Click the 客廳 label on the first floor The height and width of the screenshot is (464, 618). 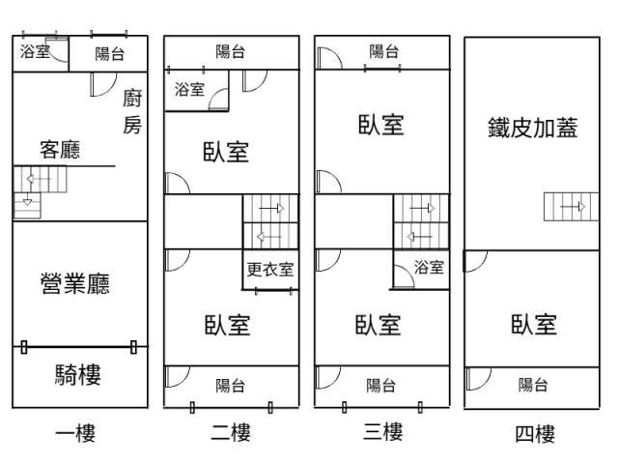pyautogui.click(x=60, y=149)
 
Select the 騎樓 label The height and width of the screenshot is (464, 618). pyautogui.click(x=78, y=374)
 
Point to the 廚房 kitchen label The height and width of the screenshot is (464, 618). pyautogui.click(x=133, y=111)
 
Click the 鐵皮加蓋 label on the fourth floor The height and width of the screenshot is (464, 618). pyautogui.click(x=533, y=128)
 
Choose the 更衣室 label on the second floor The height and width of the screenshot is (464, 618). pyautogui.click(x=270, y=270)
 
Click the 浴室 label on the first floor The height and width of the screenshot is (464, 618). pyautogui.click(x=36, y=51)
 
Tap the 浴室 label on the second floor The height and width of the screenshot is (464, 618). pyautogui.click(x=189, y=89)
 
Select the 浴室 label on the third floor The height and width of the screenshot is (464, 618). pyautogui.click(x=429, y=267)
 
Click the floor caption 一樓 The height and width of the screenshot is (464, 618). pyautogui.click(x=76, y=433)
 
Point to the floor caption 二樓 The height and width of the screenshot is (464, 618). pyautogui.click(x=231, y=433)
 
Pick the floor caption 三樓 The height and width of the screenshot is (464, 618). pyautogui.click(x=382, y=431)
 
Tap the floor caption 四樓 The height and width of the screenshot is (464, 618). pyautogui.click(x=534, y=434)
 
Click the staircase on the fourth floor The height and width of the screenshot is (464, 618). pyautogui.click(x=565, y=207)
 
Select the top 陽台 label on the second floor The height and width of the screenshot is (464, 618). pyautogui.click(x=231, y=51)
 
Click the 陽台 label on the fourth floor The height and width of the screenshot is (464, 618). pyautogui.click(x=533, y=385)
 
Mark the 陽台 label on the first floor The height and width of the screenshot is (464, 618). pyautogui.click(x=109, y=54)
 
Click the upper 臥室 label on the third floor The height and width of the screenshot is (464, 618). pyautogui.click(x=380, y=125)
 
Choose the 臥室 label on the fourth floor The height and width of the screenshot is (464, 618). pyautogui.click(x=534, y=325)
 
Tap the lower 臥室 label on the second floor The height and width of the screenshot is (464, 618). pyautogui.click(x=227, y=325)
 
